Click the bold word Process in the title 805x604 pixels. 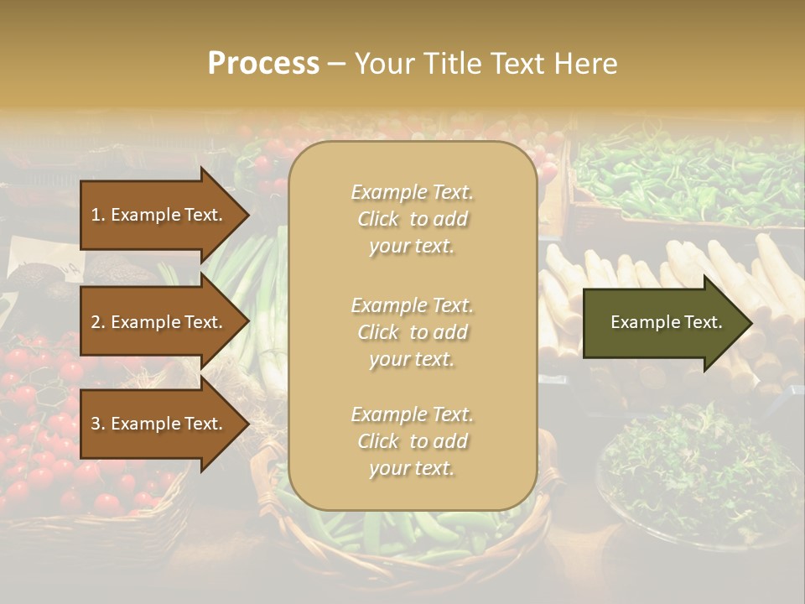263,64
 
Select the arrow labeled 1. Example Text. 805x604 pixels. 159,215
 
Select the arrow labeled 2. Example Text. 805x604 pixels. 159,322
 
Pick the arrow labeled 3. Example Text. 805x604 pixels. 159,424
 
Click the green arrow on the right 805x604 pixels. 662,322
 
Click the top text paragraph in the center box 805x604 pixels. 412,219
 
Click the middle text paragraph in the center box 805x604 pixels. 412,332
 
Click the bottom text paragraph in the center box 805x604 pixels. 412,441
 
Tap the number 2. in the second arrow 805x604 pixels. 98,322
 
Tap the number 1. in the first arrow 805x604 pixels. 98,215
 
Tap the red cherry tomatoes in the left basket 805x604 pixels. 50,436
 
